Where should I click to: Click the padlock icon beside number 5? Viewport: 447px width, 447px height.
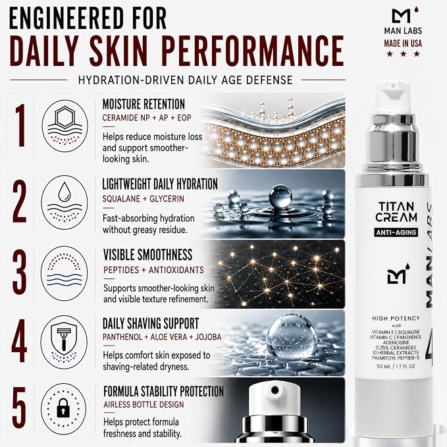click(64, 409)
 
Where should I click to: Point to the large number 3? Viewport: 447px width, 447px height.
click(19, 273)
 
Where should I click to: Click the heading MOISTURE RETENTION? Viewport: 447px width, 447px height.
click(144, 104)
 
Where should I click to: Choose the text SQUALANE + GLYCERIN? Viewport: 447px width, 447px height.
click(143, 199)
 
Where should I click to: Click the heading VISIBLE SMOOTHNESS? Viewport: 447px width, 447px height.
click(148, 255)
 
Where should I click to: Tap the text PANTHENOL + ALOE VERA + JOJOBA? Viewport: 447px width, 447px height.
click(162, 337)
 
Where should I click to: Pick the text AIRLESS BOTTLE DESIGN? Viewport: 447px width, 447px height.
click(144, 404)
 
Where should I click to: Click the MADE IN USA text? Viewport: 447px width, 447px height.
click(403, 43)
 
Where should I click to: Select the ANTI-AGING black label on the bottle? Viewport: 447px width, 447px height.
click(396, 232)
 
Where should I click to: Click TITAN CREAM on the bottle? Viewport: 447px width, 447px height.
click(396, 212)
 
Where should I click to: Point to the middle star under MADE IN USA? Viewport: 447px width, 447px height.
click(403, 53)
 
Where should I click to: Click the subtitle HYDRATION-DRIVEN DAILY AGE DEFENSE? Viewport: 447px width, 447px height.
click(186, 80)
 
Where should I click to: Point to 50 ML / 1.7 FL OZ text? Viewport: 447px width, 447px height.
click(396, 366)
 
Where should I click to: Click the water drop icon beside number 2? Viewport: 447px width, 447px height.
click(64, 192)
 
